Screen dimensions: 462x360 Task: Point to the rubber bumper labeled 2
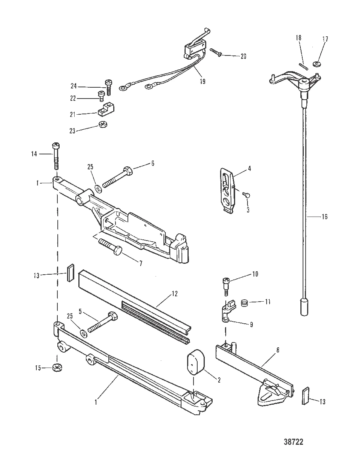(x=196, y=362)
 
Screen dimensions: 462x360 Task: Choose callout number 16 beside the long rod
(x=324, y=217)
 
